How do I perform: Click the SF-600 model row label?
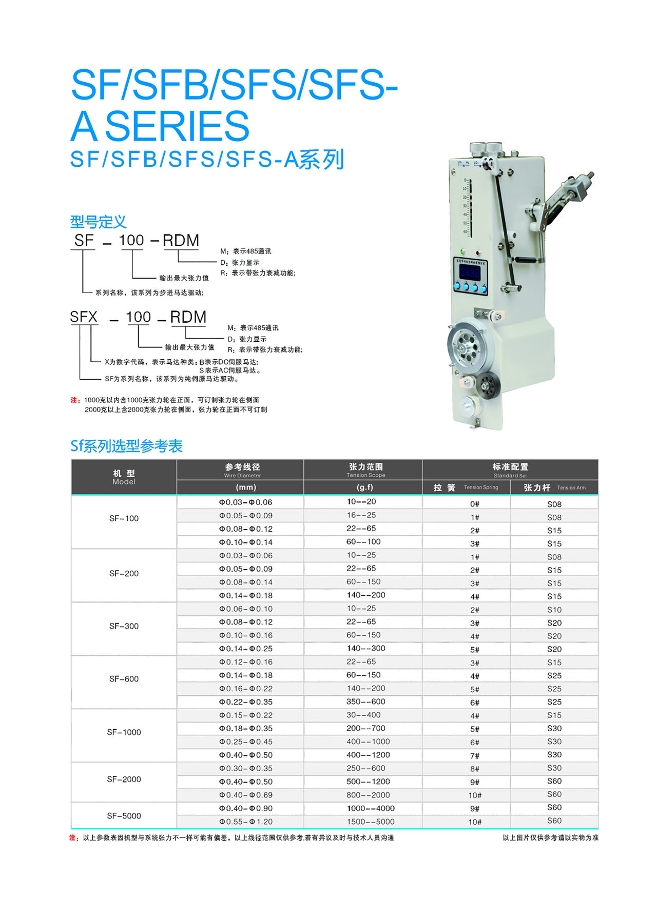click(x=124, y=679)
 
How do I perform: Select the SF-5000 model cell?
click(x=124, y=816)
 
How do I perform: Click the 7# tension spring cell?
click(x=474, y=755)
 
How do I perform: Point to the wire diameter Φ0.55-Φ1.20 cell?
click(x=245, y=822)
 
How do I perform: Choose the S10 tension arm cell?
click(x=554, y=610)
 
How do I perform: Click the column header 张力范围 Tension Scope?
click(x=365, y=470)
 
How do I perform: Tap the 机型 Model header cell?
click(x=124, y=477)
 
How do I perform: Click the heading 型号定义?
click(x=98, y=222)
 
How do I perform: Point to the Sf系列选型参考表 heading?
click(x=126, y=446)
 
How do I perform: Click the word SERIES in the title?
click(x=177, y=126)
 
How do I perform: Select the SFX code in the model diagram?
click(x=84, y=317)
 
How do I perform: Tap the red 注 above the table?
click(x=75, y=400)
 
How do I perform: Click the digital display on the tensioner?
click(x=470, y=272)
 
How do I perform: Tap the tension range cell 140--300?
click(x=365, y=649)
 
